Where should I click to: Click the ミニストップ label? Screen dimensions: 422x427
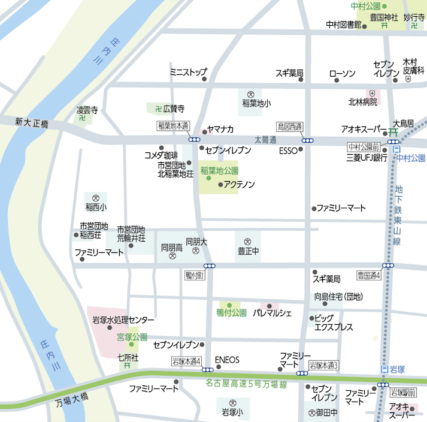pos(188,71)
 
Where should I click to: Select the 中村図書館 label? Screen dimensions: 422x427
pos(343,25)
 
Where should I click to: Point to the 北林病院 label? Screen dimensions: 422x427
pos(363,101)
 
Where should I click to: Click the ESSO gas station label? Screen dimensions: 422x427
pos(288,150)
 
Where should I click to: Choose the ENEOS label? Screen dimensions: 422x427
pos(227,360)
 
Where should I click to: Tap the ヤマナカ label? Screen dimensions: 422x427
pos(220,129)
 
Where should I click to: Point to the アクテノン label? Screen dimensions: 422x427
pos(239,184)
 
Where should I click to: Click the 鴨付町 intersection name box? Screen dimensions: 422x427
pos(195,275)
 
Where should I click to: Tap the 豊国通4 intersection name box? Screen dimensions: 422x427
pos(368,275)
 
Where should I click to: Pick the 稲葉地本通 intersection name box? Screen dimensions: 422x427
pos(173,126)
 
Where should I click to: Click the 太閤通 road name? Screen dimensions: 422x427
pos(265,140)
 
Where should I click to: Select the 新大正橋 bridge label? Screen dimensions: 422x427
pos(32,122)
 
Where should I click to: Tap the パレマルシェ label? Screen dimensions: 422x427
pos(272,313)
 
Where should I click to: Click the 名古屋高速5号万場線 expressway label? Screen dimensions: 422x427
pos(246,382)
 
